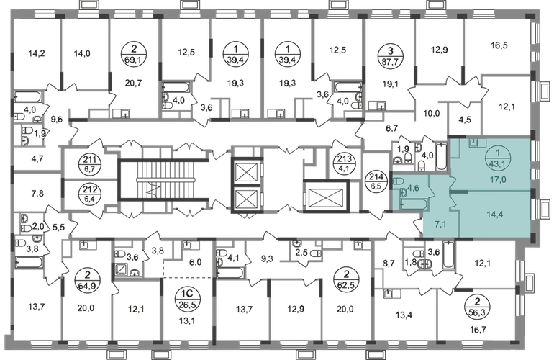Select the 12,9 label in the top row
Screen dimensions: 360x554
coord(439,52)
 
